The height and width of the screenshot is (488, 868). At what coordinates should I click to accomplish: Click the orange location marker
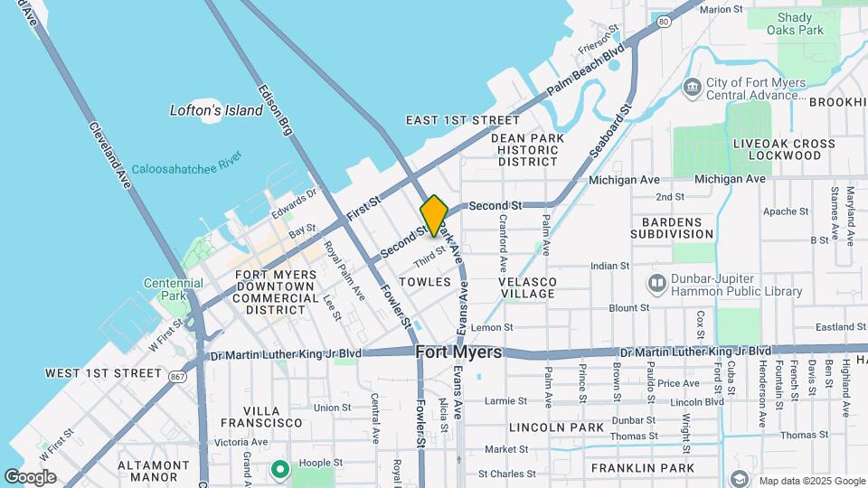pos(434,215)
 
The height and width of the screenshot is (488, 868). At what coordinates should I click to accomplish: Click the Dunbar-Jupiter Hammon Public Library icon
pos(657,284)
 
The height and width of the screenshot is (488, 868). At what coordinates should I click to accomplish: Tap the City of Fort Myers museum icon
pos(693,88)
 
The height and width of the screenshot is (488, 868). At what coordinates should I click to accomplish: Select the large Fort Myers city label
pos(459,352)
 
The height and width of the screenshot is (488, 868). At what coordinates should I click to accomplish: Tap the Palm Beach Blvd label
pos(586,71)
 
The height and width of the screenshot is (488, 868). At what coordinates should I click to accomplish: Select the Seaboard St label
pos(612,132)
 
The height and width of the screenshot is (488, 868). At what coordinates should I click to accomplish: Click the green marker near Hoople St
pos(280,468)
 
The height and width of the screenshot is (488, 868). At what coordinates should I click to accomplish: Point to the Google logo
pos(30,476)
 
